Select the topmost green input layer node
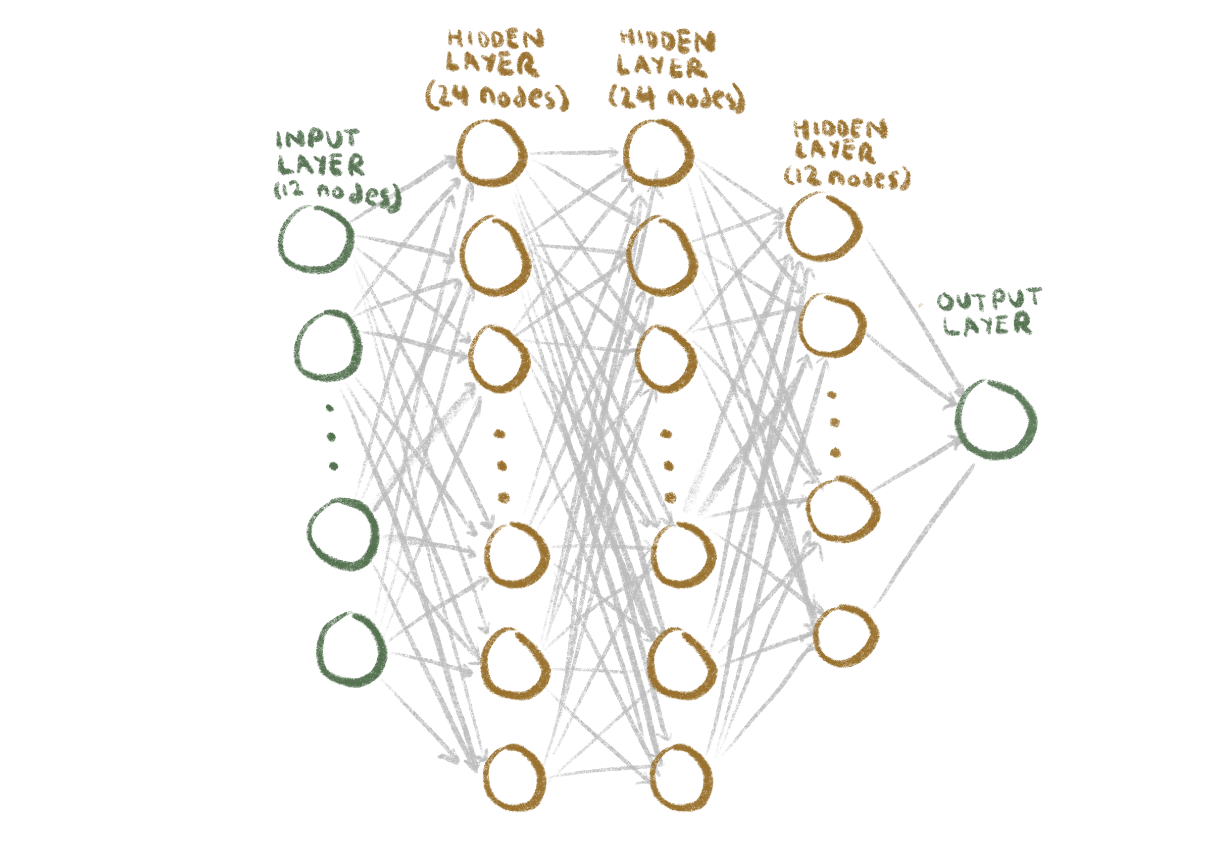pyautogui.click(x=316, y=240)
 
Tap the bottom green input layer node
pyautogui.click(x=352, y=650)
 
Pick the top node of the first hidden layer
pyautogui.click(x=492, y=153)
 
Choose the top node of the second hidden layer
pyautogui.click(x=659, y=153)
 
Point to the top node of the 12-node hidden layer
pyautogui.click(x=823, y=227)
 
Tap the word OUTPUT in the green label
pyautogui.click(x=989, y=300)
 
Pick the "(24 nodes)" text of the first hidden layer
pyautogui.click(x=497, y=97)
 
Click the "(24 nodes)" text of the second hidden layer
pyautogui.click(x=677, y=98)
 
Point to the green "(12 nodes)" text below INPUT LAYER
pyautogui.click(x=337, y=194)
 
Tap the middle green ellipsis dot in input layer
pyautogui.click(x=331, y=436)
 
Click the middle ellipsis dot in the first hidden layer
pyautogui.click(x=501, y=465)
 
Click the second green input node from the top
pyautogui.click(x=328, y=346)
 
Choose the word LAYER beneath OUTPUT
pyautogui.click(x=987, y=324)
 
